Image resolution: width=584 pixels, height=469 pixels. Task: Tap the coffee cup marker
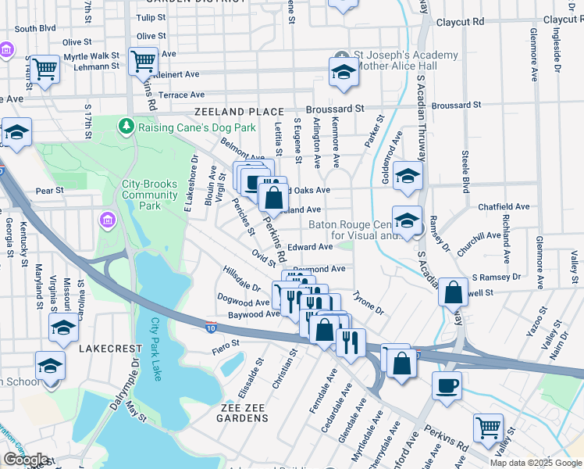pos(447,385)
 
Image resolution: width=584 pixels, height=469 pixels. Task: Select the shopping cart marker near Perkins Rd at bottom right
pos(488,428)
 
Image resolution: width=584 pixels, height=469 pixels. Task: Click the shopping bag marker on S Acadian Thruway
pos(453,293)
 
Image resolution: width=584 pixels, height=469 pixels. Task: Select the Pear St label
pos(48,190)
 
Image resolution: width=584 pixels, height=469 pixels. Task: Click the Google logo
pos(25,460)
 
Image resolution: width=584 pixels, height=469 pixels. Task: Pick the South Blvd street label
pos(36,28)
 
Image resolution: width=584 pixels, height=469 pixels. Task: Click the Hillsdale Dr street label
pos(242,278)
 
